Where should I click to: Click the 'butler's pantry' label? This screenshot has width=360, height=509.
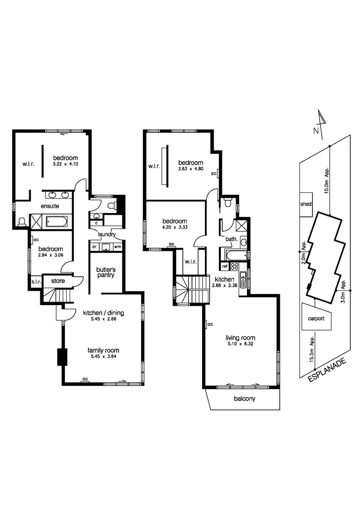[106, 272]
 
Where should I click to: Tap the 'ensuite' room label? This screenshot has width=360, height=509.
[50, 206]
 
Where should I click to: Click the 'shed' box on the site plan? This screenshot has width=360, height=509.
[306, 204]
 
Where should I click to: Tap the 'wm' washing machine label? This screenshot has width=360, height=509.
[117, 247]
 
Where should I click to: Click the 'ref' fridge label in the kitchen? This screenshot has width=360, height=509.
[225, 266]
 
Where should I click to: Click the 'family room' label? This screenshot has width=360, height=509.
[103, 350]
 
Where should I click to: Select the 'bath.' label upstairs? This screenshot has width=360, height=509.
[231, 238]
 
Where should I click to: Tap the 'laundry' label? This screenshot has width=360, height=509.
[106, 234]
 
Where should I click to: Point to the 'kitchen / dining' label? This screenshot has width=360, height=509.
[103, 313]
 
